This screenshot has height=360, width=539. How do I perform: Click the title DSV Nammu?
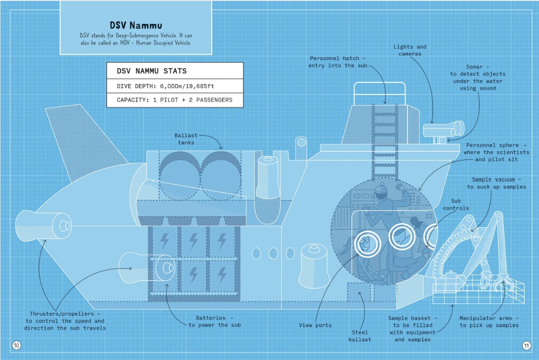coord(136,25)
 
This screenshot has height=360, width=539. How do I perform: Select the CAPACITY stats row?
coord(174,100)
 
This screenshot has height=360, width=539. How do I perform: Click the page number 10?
coord(16,345)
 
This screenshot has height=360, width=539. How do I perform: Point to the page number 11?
coord(526,345)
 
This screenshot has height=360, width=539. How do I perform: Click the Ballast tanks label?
coord(184,139)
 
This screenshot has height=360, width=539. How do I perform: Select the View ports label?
coord(315,325)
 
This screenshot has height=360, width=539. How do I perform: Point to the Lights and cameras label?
coord(410,50)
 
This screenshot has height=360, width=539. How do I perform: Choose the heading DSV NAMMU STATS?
coord(151,71)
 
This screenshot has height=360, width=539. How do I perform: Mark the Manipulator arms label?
coord(488,322)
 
